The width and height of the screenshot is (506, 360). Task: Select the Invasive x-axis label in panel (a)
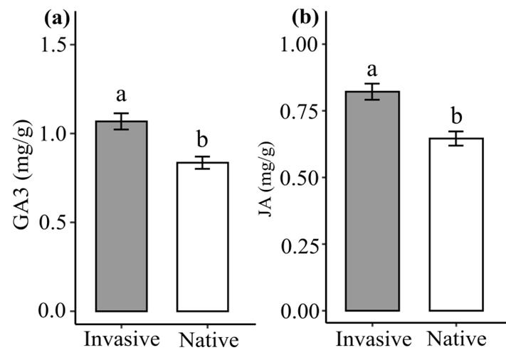(121, 339)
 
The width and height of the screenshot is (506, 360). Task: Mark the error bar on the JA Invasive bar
(372, 91)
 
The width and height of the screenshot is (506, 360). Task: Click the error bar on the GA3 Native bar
(203, 162)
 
